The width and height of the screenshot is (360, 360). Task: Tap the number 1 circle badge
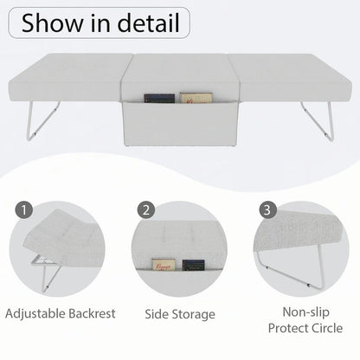(23, 210)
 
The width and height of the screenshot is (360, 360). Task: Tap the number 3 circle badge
(269, 210)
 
